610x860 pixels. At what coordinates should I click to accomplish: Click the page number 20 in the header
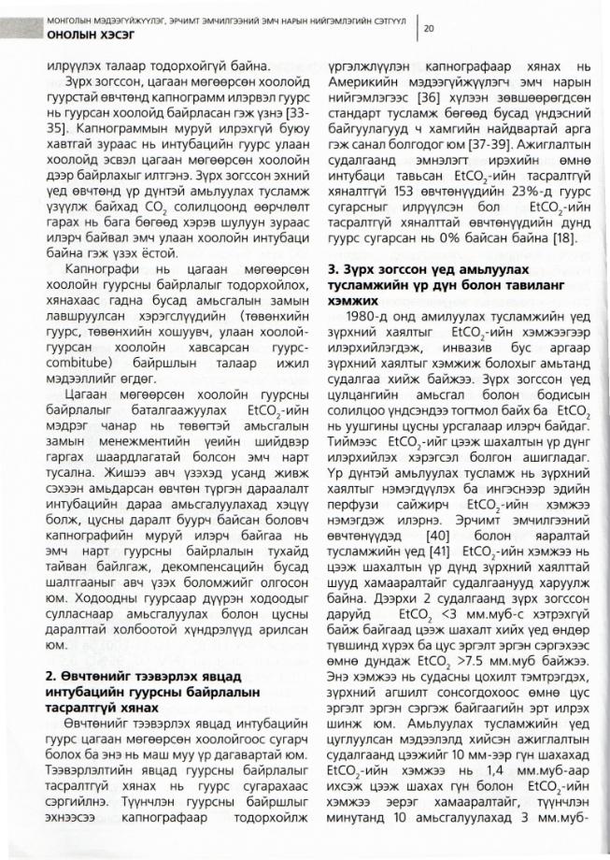point(430,29)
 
